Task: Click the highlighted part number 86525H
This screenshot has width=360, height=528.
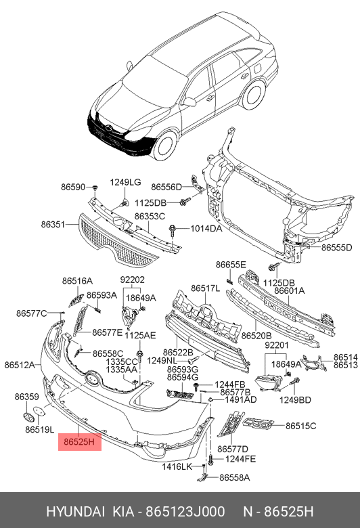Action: pos(79,442)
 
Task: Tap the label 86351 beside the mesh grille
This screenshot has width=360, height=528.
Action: pos(53,224)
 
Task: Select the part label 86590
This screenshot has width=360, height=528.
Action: pos(73,187)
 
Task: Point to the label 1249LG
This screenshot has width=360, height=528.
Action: pos(125,182)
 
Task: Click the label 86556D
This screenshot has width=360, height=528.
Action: pos(166,187)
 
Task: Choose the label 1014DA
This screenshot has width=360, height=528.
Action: pos(206,229)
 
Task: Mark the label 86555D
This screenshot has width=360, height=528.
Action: pos(336,248)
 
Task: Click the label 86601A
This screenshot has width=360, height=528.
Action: pos(289,290)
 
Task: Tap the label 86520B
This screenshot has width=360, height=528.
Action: pos(256,336)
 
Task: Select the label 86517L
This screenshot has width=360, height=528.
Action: pos(206,288)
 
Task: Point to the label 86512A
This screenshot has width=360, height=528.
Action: pos(20,365)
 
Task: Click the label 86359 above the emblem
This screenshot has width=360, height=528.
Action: pos(26,397)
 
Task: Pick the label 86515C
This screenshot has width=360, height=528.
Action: pos(300,426)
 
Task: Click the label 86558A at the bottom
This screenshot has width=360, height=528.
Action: pos(235,477)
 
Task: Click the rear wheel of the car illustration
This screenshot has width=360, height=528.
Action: pos(254,95)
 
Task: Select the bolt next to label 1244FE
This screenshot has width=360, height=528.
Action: pos(211,460)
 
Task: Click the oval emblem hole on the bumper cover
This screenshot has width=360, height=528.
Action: pos(91,378)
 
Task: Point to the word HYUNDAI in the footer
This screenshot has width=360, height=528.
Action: pos(75,512)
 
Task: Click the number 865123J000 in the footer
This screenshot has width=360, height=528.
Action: pos(185,512)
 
